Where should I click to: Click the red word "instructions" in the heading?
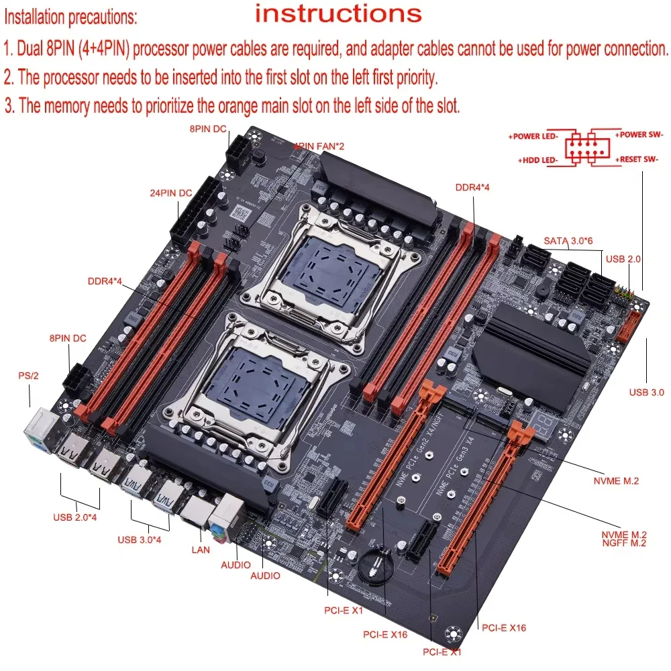pos(338,13)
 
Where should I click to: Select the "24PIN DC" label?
pos(170,193)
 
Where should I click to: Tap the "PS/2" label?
pos(28,376)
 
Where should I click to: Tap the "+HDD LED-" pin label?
pos(539,160)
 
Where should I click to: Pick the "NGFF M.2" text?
pos(624,544)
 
